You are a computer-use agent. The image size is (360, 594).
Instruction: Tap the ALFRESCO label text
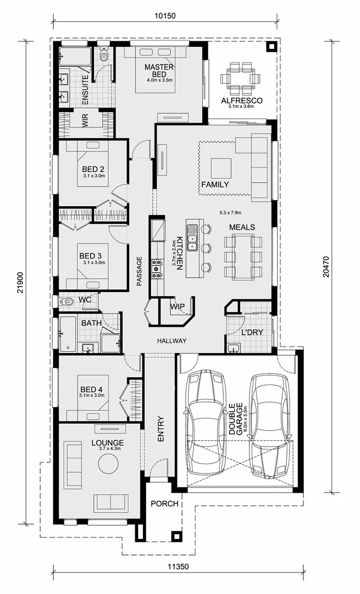click(241, 101)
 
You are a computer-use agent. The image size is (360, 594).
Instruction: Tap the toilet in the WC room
click(67, 302)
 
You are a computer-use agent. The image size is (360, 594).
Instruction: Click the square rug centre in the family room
click(221, 167)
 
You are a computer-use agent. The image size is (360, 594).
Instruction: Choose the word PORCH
click(164, 504)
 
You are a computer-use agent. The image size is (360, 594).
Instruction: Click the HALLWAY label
click(171, 341)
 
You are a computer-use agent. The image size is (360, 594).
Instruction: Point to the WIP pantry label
click(177, 306)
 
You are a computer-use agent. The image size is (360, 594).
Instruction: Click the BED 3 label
click(90, 256)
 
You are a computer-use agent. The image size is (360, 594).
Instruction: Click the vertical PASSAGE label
click(140, 272)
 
